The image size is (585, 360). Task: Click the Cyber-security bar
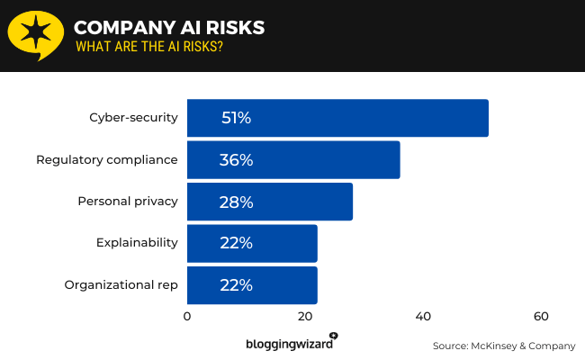pos(337,118)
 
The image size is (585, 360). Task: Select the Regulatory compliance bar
pos(293,160)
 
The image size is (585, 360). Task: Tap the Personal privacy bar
pos(270,202)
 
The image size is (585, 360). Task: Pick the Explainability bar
pos(252,243)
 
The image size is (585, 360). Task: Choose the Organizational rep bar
pos(252,285)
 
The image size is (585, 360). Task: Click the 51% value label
pos(236,118)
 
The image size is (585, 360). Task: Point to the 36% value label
pos(236,160)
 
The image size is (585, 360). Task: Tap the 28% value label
pos(236,202)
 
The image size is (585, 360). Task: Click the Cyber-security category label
pos(133,118)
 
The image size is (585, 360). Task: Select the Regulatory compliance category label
pos(107,160)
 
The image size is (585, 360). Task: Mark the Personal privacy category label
pos(128,202)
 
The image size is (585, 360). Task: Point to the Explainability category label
pos(137,243)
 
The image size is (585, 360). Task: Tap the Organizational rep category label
pos(121,285)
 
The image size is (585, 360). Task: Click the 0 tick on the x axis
pos(187,317)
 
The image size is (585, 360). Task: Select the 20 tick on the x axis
pos(305,317)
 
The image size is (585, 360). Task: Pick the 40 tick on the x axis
pos(423,317)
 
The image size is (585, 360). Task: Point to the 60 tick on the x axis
pos(541,317)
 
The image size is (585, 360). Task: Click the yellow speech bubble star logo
pos(35,34)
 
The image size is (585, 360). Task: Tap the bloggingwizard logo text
pos(290,344)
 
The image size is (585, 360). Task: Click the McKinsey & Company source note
pos(503,346)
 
